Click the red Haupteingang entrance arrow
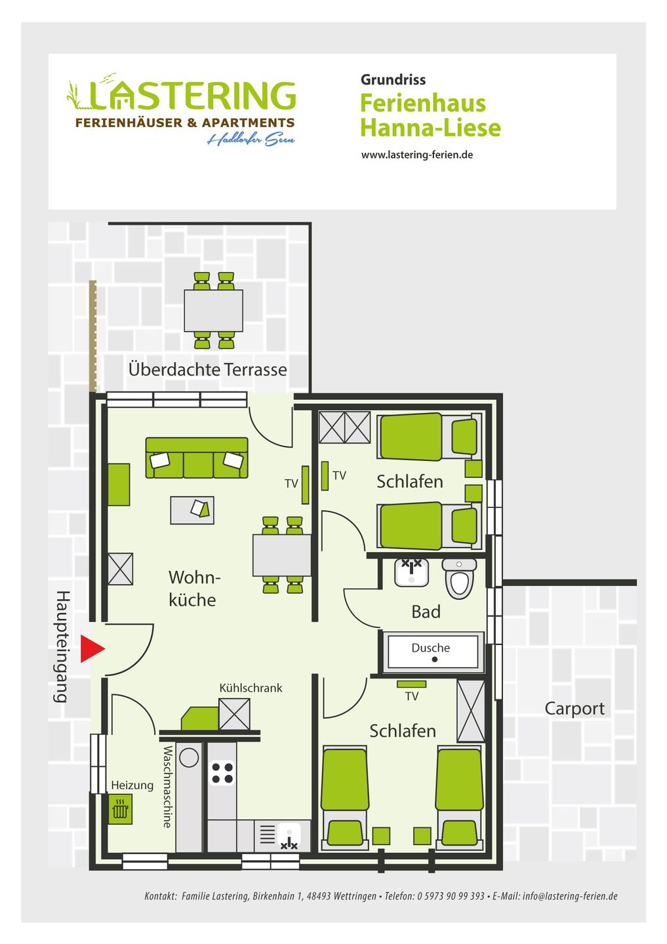92,649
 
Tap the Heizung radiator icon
120,809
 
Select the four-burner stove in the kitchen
222,773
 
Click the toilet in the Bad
459,578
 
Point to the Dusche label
430,648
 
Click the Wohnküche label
193,588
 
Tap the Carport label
575,709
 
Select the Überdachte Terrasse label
207,369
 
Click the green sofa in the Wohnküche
197,458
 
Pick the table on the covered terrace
213,311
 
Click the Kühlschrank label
251,688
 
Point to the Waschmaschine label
168,787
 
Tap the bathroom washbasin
411,573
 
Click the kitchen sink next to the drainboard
289,836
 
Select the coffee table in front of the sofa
192,510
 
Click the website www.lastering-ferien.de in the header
417,155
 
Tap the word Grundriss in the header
393,80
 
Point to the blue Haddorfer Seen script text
251,139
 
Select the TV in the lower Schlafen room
411,684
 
